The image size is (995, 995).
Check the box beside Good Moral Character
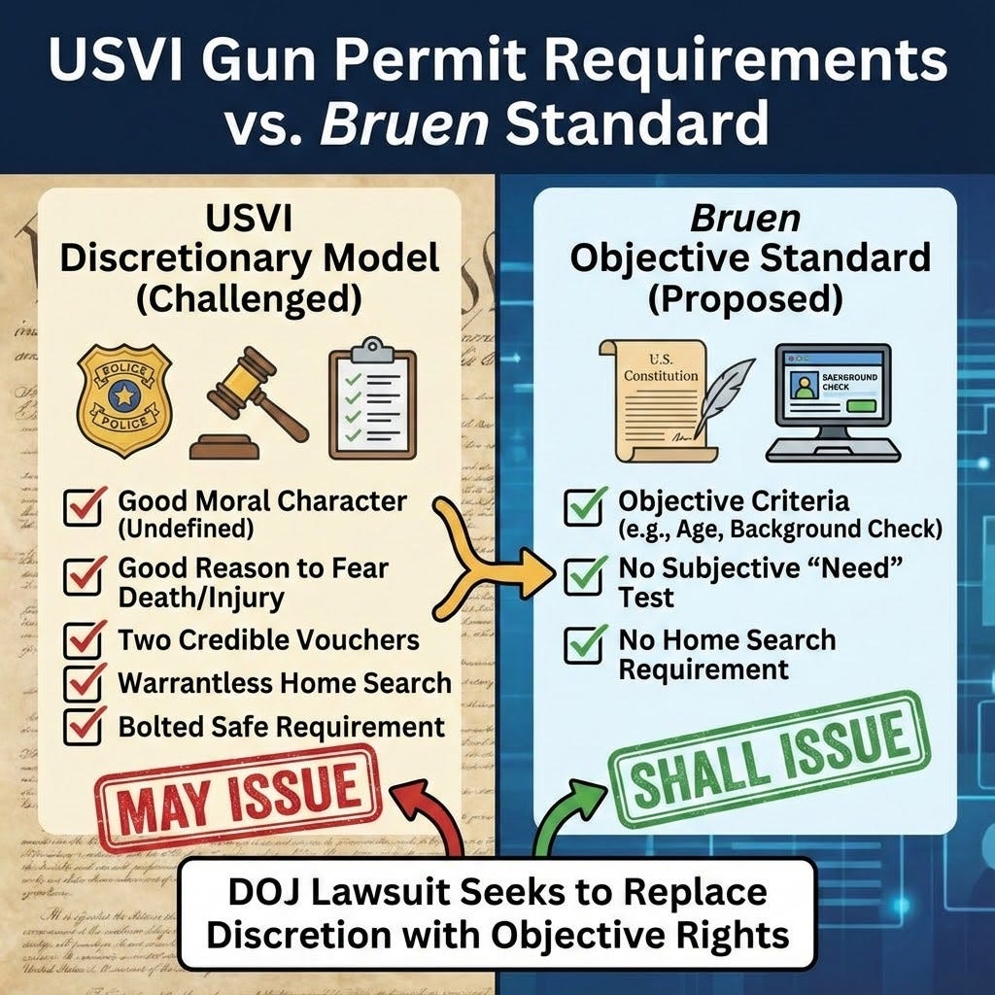85,506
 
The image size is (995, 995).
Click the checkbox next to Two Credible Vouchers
85,641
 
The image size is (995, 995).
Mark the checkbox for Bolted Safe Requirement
85,727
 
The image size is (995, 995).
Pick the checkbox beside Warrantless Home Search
85,684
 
